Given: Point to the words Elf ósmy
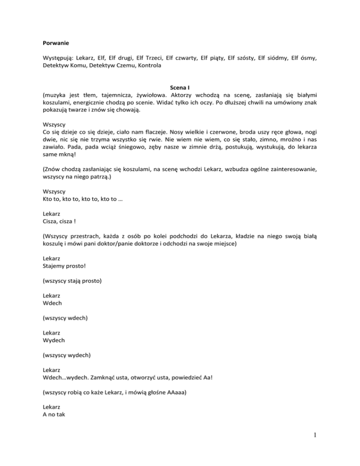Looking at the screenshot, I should tap(304, 58).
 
